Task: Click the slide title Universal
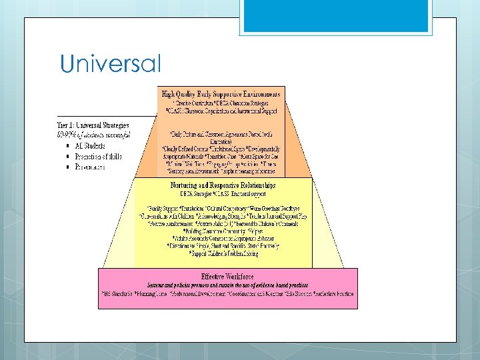[x=111, y=64]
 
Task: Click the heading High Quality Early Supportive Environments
[x=221, y=94]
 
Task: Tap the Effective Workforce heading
[x=227, y=275]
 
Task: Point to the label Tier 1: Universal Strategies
[x=93, y=125]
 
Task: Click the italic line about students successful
[x=93, y=134]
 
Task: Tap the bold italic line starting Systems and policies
[x=227, y=285]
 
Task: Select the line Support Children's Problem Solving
[x=223, y=253]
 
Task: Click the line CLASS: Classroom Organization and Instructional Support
[x=221, y=111]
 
